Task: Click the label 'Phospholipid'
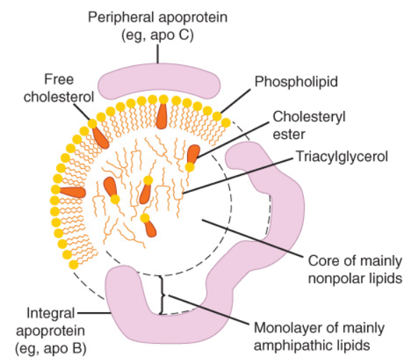[x=296, y=82]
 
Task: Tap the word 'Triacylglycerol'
[x=342, y=156]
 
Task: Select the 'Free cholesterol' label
[x=59, y=88]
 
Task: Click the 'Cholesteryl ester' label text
[x=309, y=125]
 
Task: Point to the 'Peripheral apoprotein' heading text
[x=158, y=18]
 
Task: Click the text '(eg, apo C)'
[x=158, y=35]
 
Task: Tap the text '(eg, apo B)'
[x=51, y=348]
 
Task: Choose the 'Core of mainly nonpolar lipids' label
[x=355, y=269]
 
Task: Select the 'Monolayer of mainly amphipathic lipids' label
[x=319, y=337]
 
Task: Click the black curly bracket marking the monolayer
[x=162, y=295]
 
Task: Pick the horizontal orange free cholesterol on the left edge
[x=70, y=192]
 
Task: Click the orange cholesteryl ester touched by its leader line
[x=193, y=155]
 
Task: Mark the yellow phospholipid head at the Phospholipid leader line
[x=217, y=116]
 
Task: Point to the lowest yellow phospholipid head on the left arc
[x=73, y=264]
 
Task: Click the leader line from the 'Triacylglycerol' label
[x=238, y=175]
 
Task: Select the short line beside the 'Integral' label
[x=94, y=313]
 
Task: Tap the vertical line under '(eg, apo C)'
[x=158, y=54]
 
